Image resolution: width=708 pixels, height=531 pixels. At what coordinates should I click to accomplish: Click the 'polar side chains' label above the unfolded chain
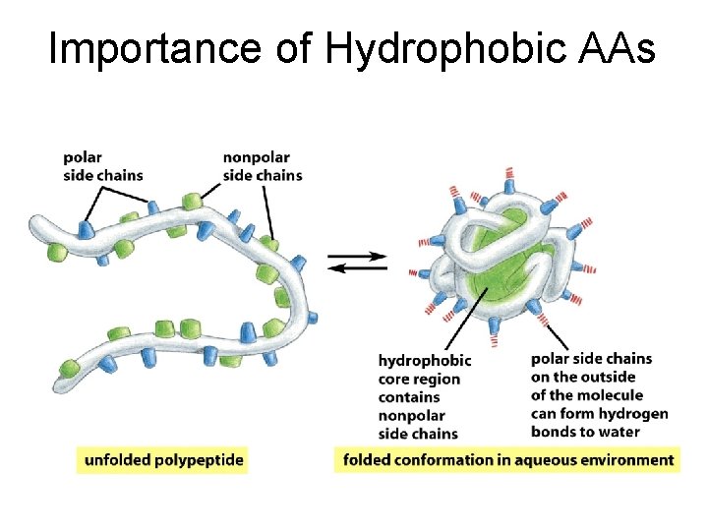click(x=102, y=166)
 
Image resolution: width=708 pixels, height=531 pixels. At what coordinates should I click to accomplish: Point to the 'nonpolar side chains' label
click(x=263, y=166)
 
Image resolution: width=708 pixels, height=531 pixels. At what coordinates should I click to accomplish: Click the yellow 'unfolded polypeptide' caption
click(x=163, y=459)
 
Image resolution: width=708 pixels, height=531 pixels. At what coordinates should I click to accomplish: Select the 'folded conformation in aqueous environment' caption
click(x=507, y=459)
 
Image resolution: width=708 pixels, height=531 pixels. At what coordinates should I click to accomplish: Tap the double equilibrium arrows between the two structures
click(x=356, y=264)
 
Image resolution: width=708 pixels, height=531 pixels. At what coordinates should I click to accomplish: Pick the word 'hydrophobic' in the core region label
click(x=425, y=361)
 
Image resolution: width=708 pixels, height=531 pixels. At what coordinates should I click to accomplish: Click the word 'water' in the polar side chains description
click(x=619, y=432)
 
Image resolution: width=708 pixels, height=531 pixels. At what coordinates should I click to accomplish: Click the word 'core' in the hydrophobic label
click(x=395, y=379)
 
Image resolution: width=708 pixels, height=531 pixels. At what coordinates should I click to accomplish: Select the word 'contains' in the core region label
click(x=409, y=397)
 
